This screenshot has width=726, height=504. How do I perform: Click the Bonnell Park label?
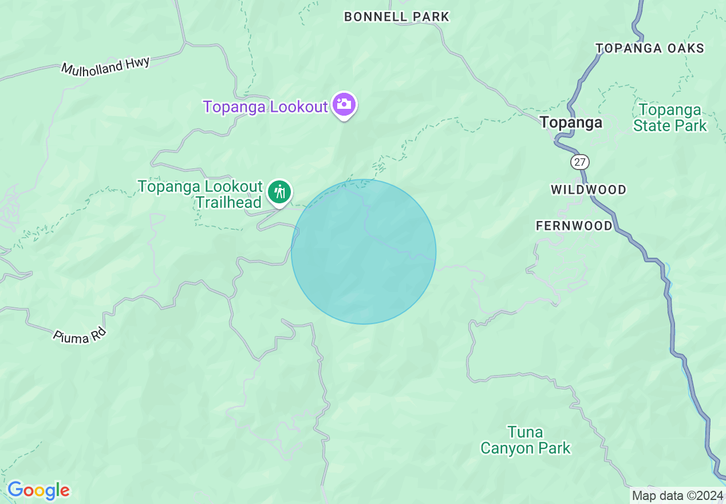[396, 17]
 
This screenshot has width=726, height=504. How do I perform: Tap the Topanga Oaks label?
[650, 48]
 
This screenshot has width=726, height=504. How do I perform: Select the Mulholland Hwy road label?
[105, 66]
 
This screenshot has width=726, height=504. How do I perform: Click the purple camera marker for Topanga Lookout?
[344, 105]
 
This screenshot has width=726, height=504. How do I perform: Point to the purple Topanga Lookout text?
[265, 107]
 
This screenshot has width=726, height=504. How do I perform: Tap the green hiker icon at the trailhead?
[279, 192]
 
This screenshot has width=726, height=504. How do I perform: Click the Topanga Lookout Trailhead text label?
[200, 195]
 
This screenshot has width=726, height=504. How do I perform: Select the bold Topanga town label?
[571, 123]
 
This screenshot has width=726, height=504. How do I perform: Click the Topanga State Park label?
[670, 117]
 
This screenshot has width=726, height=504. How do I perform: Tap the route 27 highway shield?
[580, 162]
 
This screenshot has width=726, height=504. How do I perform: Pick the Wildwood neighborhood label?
[589, 190]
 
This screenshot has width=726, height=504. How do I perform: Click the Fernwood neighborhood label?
[574, 226]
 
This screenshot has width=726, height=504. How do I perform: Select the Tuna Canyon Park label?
[525, 440]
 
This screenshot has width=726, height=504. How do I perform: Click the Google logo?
[38, 490]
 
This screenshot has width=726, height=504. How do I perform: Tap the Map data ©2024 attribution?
[677, 495]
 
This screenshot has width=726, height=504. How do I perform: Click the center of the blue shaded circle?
[364, 251]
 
